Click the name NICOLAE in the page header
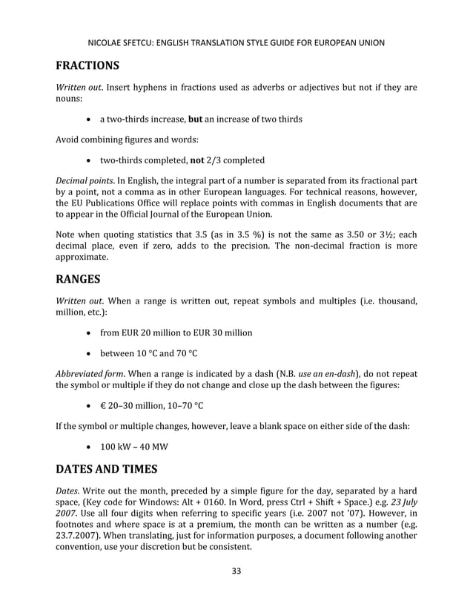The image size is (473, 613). (x=110, y=42)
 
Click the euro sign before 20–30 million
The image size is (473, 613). (x=104, y=406)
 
